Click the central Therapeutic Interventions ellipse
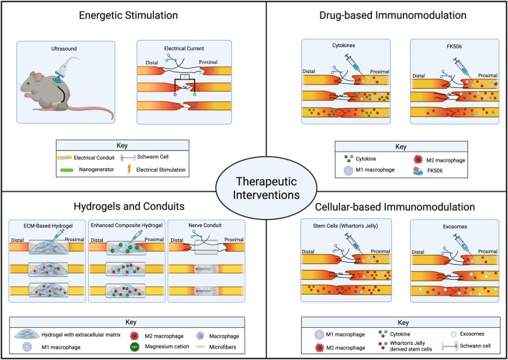click(x=266, y=188)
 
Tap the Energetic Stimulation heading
click(x=129, y=15)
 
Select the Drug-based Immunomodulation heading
click(x=393, y=15)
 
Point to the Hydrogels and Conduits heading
click(x=129, y=206)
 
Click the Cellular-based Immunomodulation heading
click(x=395, y=207)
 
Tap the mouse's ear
click(x=39, y=77)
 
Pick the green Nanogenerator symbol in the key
click(x=68, y=170)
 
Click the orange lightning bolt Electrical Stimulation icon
click(x=129, y=170)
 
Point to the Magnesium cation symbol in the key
click(x=135, y=346)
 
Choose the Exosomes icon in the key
click(x=454, y=334)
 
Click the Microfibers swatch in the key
click(x=201, y=346)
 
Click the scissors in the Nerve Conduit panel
click(x=196, y=234)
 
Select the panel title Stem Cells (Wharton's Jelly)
click(x=346, y=226)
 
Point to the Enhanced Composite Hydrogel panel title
click(x=127, y=225)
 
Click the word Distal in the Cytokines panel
click(x=309, y=72)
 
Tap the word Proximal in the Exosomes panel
click(x=487, y=251)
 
